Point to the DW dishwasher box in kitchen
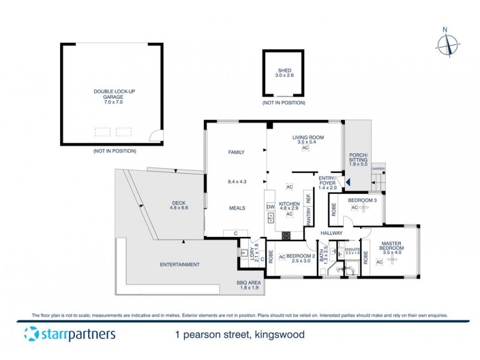270,207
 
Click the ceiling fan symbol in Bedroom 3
363,208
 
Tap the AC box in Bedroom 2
281,257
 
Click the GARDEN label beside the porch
378,169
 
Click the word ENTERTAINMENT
180,265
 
